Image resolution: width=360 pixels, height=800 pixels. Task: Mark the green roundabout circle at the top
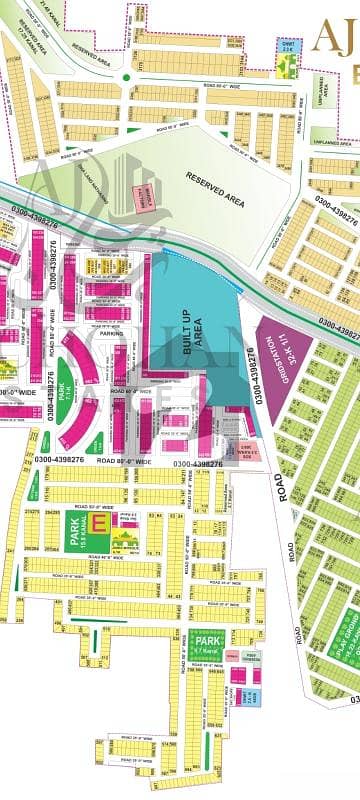[x=127, y=78]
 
